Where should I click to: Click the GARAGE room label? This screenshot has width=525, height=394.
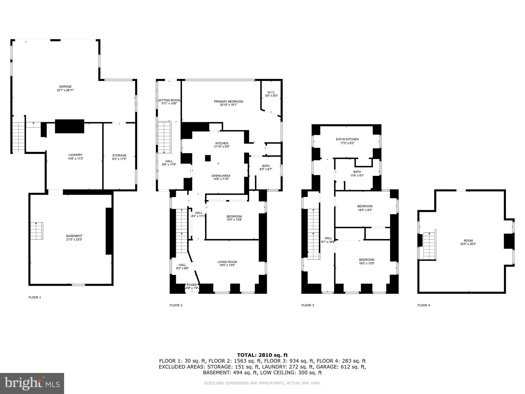pos(65,87)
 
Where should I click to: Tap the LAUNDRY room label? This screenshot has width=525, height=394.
pos(75,155)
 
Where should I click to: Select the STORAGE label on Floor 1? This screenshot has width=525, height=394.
pos(119,155)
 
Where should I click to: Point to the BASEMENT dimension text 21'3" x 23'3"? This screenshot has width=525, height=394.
pos(74,240)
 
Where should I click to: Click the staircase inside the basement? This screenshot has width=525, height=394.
pos(37,231)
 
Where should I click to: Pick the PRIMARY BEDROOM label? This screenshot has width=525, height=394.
pos(228,102)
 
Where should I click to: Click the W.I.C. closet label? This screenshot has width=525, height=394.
pos(271,92)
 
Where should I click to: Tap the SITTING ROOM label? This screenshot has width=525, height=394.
pos(169,100)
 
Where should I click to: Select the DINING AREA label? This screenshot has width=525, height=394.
pos(221,176)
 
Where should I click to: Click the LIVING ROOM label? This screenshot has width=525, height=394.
pos(227,262)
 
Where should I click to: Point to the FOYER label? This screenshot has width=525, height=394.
pos(192,285)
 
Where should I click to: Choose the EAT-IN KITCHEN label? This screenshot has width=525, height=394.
pos(347,139)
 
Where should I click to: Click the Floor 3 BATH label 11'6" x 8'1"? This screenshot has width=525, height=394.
pos(357,172)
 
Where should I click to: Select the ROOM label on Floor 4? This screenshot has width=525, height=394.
pos(468,241)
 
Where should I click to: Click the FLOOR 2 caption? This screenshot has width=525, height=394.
pos(176,305)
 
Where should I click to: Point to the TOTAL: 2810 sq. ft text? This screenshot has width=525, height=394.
pos(262,355)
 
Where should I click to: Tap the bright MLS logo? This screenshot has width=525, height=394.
pos(32,383)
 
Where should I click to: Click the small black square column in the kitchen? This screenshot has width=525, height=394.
pos(208,158)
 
